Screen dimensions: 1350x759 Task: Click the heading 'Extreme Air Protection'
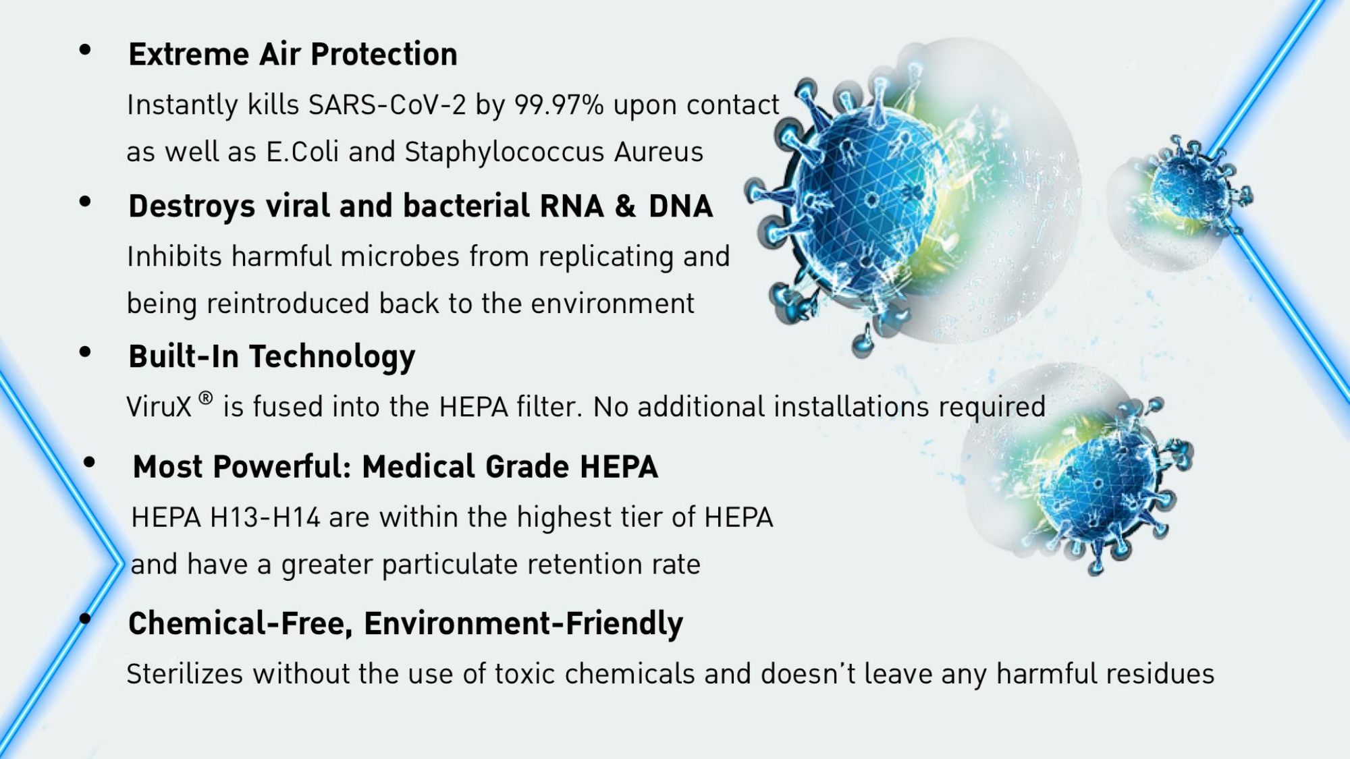point(293,54)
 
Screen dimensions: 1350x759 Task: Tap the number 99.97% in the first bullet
point(559,105)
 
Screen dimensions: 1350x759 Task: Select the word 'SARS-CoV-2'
point(387,105)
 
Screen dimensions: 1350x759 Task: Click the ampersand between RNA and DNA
point(626,206)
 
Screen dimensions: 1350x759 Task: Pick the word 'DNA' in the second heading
point(680,206)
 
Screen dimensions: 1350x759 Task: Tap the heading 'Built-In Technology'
point(272,357)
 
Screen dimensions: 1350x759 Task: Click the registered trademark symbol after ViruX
point(206,398)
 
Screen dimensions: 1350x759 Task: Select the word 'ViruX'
point(159,407)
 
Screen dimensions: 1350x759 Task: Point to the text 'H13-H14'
point(265,517)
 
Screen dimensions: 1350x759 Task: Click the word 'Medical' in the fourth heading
point(418,467)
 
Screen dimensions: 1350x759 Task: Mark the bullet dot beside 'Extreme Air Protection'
point(85,49)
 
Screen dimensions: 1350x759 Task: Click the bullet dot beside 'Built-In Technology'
point(85,352)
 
